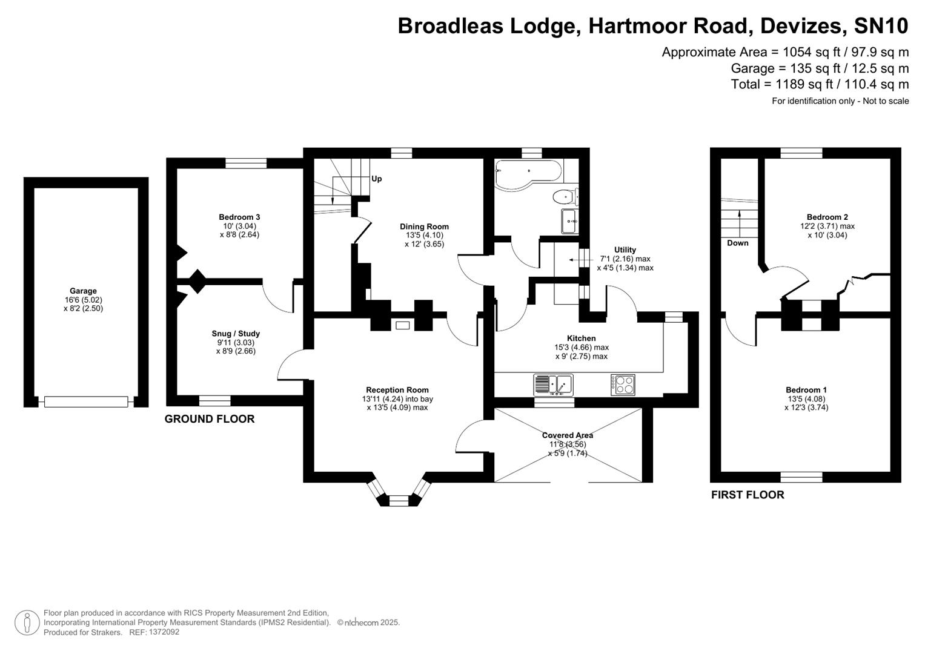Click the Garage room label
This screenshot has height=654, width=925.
tap(83, 291)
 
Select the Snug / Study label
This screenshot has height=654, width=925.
tap(236, 334)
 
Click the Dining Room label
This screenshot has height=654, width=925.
tap(424, 227)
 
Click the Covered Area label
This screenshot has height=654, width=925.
tap(567, 435)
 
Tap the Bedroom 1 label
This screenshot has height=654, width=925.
tap(806, 391)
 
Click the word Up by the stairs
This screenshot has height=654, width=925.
tap(376, 179)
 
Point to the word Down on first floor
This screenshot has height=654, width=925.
tap(737, 243)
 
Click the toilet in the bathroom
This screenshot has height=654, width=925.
tap(565, 197)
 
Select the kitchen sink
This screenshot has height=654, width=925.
tap(553, 385)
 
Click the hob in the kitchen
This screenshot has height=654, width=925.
tap(623, 385)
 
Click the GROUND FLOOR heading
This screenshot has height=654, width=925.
tap(210, 419)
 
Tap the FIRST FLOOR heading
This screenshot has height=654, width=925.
tap(747, 495)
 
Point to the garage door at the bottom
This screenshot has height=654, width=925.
tap(85, 401)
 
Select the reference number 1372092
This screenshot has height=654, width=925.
tap(164, 632)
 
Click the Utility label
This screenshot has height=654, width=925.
tap(625, 250)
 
